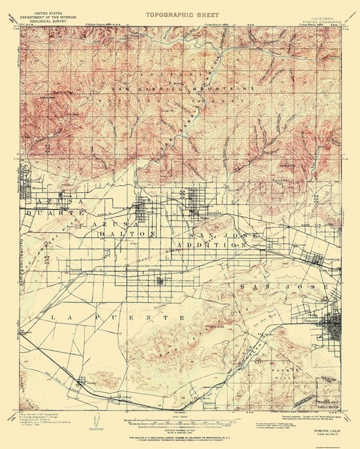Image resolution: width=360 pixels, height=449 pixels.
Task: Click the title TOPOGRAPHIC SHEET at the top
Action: click(180, 13)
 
